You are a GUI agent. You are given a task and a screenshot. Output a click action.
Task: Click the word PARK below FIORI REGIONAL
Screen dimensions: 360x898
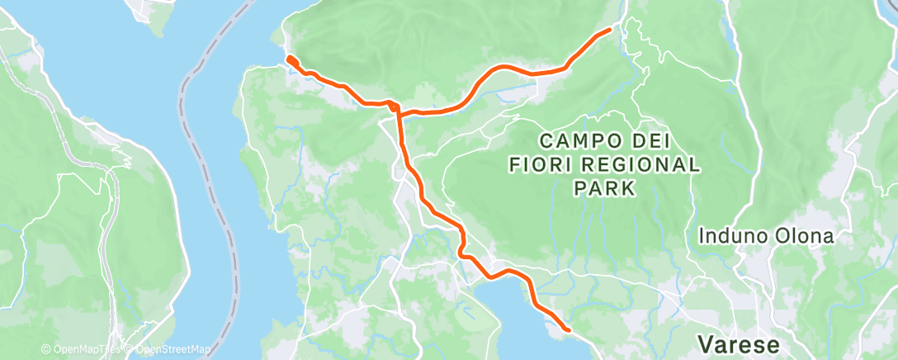pos(605,189)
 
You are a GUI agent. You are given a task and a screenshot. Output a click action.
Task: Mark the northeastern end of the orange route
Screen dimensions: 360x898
pos(609,30)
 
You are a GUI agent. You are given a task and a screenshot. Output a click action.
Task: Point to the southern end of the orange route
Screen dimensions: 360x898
pos(568,329)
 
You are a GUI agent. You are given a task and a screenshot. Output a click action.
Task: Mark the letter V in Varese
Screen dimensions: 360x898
pos(704,343)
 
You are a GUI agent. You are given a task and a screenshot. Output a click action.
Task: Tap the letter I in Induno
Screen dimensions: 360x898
pos(702,237)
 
